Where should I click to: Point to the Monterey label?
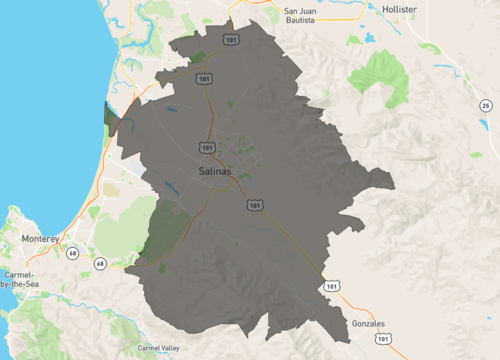pyautogui.click(x=42, y=240)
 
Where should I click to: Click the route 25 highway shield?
pyautogui.click(x=485, y=105)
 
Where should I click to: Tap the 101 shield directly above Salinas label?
pyautogui.click(x=207, y=147)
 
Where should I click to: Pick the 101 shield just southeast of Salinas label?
pyautogui.click(x=254, y=205)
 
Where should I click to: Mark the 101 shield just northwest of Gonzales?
pyautogui.click(x=331, y=286)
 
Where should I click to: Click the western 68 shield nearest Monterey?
pyautogui.click(x=73, y=253)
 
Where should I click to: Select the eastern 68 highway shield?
pyautogui.click(x=100, y=264)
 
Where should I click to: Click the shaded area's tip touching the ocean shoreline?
pyautogui.click(x=109, y=115)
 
